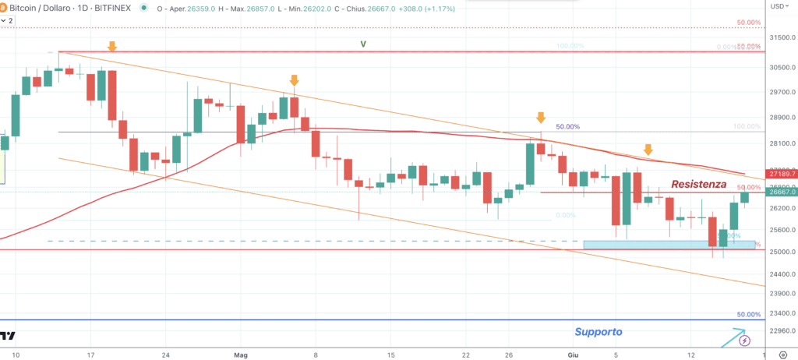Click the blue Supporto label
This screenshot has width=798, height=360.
click(x=598, y=332)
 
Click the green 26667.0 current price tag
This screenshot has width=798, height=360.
click(x=780, y=192)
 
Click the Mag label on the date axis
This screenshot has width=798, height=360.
click(x=240, y=355)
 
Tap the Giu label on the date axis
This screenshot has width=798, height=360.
click(x=573, y=355)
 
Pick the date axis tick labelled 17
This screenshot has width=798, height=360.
click(x=91, y=355)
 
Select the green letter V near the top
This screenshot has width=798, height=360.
click(x=363, y=44)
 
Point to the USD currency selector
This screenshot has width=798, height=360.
click(x=779, y=6)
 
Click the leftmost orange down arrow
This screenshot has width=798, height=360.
click(x=112, y=47)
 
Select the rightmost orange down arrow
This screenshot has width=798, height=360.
click(x=648, y=150)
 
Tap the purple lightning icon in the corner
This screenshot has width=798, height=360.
click(x=745, y=341)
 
